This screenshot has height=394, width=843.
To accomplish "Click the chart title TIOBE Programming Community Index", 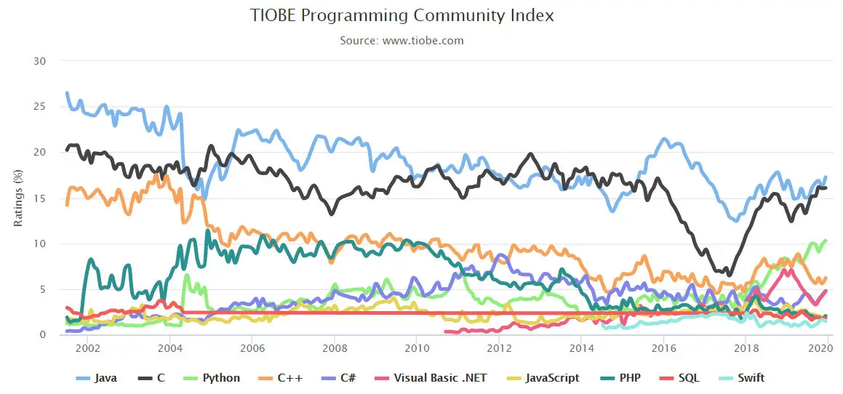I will point(401,15).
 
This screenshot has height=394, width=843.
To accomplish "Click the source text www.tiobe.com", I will point(401,41).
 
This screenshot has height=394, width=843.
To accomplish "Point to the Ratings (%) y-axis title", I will point(17,197).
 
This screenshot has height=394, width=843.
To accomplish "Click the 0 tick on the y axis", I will point(43,335).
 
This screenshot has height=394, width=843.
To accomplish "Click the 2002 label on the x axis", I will point(87,348).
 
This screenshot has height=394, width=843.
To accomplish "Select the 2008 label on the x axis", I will point(334,348).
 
